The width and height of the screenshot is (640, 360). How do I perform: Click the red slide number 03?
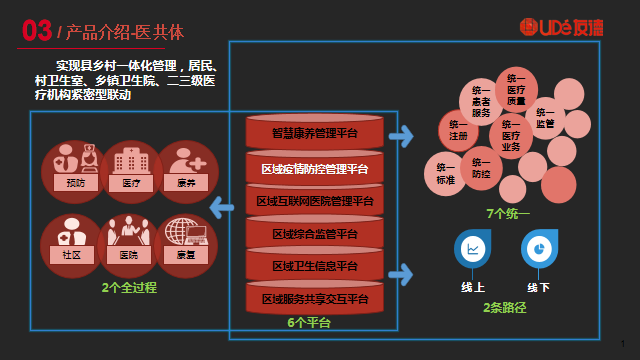pos(37,31)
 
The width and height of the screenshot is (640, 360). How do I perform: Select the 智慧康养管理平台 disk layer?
pos(315,132)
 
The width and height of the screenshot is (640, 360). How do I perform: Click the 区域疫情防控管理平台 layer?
pos(315,168)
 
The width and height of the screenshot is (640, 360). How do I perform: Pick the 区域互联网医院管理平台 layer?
pos(315,201)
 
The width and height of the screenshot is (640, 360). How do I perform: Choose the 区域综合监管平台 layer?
pos(315,234)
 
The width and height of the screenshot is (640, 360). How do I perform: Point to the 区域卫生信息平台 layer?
pos(315,266)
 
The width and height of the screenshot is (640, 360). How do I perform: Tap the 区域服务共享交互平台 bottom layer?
pos(315,298)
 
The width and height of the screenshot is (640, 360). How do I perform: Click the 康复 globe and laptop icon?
pos(186,240)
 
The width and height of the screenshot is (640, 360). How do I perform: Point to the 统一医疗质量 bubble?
pos(516,90)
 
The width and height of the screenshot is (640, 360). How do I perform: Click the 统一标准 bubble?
pos(445,173)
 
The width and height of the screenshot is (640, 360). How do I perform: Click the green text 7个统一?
pos(507,213)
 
